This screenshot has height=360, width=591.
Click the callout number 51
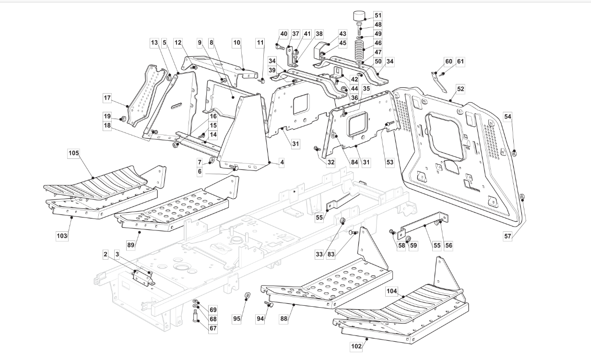[x=378, y=15]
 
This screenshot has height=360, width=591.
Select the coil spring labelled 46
[x=359, y=51]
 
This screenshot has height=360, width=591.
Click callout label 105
[x=73, y=153]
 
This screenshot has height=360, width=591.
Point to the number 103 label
[x=62, y=236]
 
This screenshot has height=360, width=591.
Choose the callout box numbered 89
[x=130, y=245]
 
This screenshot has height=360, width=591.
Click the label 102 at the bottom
[x=356, y=346]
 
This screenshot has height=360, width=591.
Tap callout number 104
[x=391, y=291]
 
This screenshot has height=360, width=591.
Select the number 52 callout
[x=461, y=89]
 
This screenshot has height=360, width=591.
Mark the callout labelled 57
[x=508, y=236]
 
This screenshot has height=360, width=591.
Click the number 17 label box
[x=107, y=98]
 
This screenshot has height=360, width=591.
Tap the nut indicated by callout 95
[x=247, y=296]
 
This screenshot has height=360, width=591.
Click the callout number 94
[x=260, y=319]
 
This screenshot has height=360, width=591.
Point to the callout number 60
[x=449, y=61]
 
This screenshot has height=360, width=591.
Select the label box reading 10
[x=236, y=43]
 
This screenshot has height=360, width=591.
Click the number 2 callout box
[x=106, y=254]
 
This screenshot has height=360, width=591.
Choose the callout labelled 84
[x=355, y=162]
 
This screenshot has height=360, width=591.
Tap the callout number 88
[x=284, y=319]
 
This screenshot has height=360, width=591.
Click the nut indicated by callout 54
[x=514, y=153]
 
